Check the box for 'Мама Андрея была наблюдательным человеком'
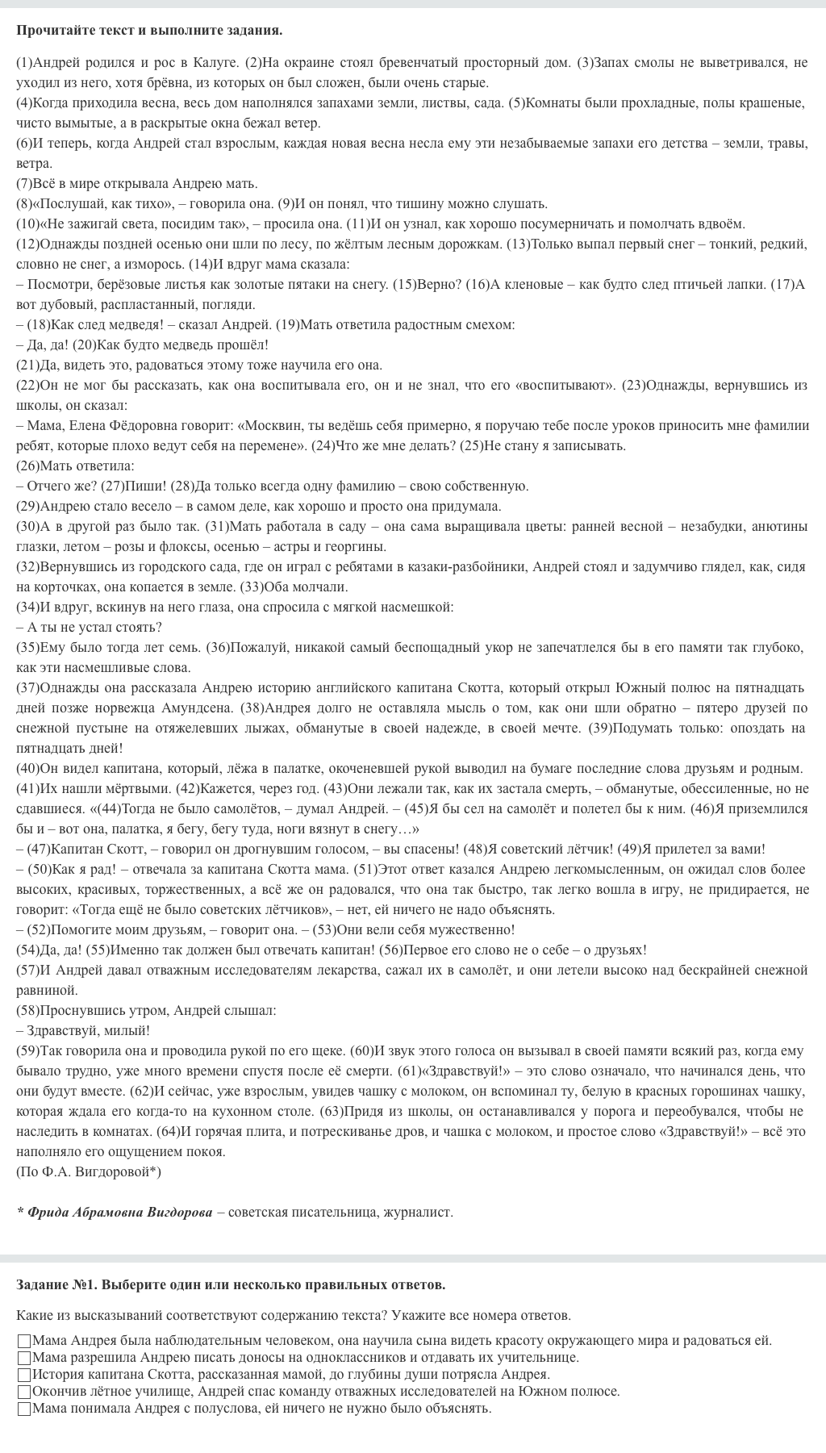pyautogui.click(x=24, y=1342)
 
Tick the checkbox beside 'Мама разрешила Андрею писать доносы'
pyautogui.click(x=24, y=1359)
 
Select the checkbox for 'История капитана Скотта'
pyautogui.click(x=24, y=1376)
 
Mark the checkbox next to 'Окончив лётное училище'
pyautogui.click(x=24, y=1392)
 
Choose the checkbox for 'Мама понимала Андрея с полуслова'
pyautogui.click(x=24, y=1409)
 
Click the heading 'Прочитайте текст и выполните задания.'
pyautogui.click(x=149, y=31)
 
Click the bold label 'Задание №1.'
pyautogui.click(x=56, y=1284)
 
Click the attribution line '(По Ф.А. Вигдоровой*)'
pyautogui.click(x=89, y=1172)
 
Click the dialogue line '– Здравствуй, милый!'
pyautogui.click(x=83, y=1031)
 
